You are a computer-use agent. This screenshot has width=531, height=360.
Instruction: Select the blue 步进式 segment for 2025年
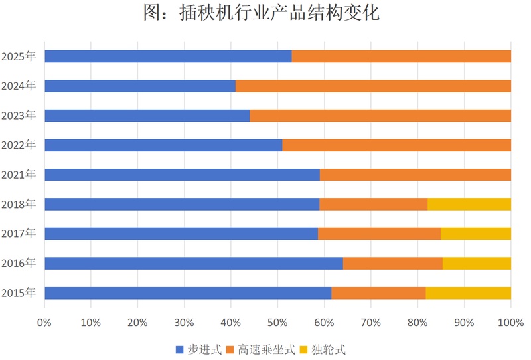tap(168, 56)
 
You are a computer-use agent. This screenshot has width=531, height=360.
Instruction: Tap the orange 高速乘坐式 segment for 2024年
tap(373, 86)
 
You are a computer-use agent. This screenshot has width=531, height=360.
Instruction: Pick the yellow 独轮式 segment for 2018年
tap(469, 204)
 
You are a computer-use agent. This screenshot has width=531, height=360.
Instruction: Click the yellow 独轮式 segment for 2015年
tap(468, 293)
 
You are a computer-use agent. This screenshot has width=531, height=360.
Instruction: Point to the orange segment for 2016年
tap(393, 263)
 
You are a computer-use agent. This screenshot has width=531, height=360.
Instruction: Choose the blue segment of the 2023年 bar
tap(147, 116)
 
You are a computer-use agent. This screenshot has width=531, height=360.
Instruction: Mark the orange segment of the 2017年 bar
tap(379, 234)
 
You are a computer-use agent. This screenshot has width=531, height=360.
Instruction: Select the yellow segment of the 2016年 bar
tap(477, 263)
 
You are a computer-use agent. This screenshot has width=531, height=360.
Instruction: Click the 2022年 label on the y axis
tap(19, 145)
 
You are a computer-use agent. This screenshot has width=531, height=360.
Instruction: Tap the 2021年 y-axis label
tap(19, 175)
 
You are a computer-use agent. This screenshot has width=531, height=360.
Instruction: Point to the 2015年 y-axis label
tap(19, 293)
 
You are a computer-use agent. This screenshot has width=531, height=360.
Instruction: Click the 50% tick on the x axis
tap(277, 323)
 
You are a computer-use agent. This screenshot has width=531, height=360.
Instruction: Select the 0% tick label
tap(44, 323)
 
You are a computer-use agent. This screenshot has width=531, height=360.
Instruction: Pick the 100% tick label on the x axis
tap(510, 323)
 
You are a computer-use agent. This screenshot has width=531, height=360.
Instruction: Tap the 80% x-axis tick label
tap(417, 323)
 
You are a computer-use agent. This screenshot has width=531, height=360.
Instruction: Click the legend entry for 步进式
tap(198, 349)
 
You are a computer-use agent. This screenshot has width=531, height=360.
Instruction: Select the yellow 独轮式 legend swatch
tap(304, 349)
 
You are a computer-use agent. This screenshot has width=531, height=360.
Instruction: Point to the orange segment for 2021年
tap(416, 175)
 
